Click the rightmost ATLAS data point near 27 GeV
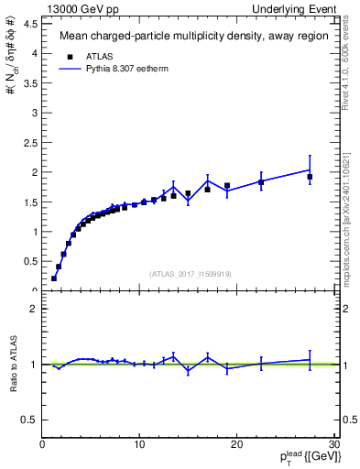[x=310, y=177]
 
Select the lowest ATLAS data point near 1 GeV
[x=54, y=278]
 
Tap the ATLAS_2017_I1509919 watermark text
[x=190, y=274]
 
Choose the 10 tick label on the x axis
[x=139, y=445]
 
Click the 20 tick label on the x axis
[x=236, y=445]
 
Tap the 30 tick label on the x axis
[x=333, y=445]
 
